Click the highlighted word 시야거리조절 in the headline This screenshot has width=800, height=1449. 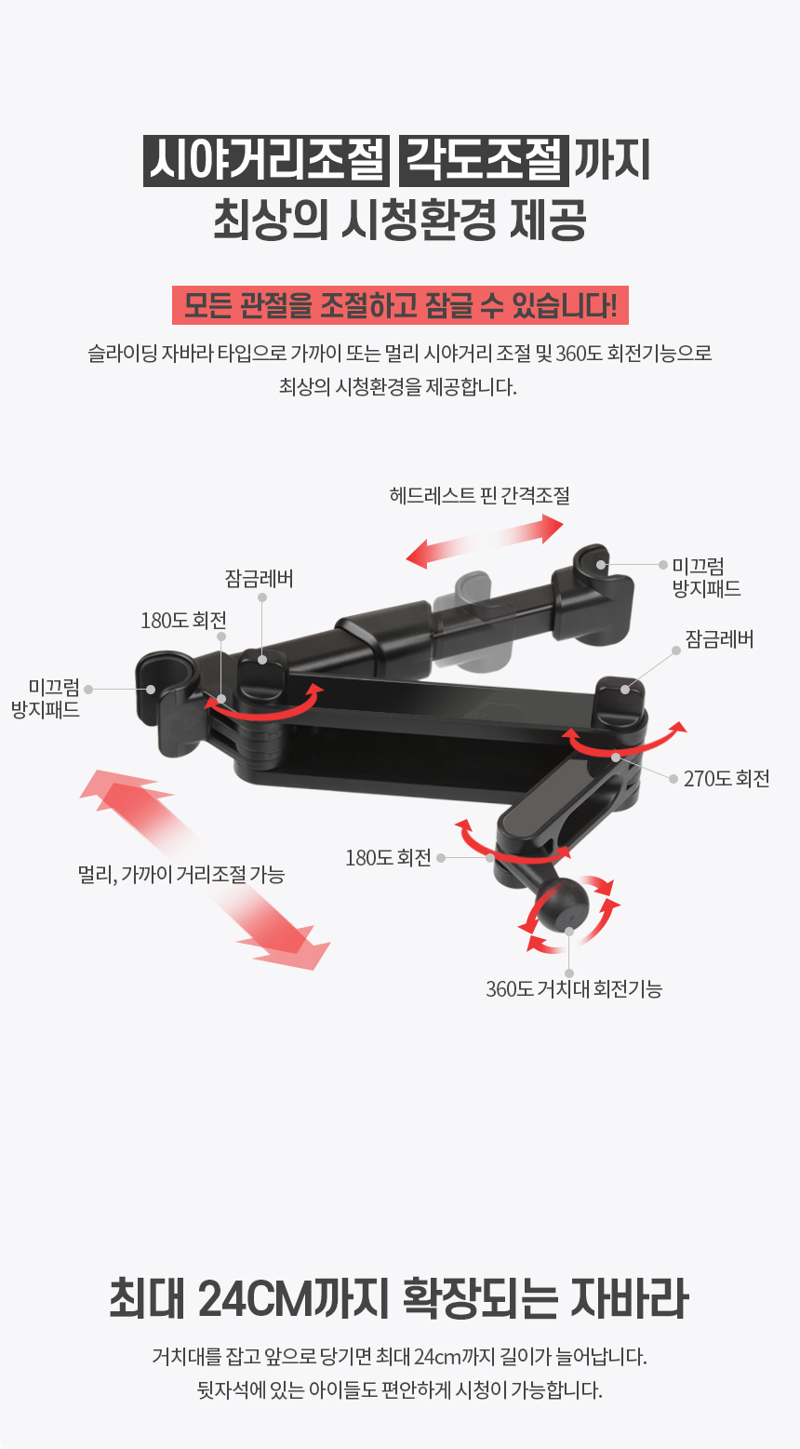266,161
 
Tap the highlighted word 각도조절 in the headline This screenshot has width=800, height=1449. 484,161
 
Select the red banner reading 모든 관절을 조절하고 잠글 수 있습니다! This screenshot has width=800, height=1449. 400,305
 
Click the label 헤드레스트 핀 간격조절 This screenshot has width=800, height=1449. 480,495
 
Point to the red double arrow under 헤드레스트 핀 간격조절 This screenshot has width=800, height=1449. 485,541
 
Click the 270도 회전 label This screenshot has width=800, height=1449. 727,778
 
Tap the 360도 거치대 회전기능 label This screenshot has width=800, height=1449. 574,988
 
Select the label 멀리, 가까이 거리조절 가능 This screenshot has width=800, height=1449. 181,875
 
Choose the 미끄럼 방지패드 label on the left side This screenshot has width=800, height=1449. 46,699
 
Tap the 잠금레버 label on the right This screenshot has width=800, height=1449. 719,639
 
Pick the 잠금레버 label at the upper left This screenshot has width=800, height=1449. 259,578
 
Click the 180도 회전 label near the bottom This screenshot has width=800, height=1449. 388,858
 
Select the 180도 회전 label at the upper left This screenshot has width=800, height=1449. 183,621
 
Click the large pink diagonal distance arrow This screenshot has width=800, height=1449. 205,870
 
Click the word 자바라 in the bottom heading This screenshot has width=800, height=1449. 629,1297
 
